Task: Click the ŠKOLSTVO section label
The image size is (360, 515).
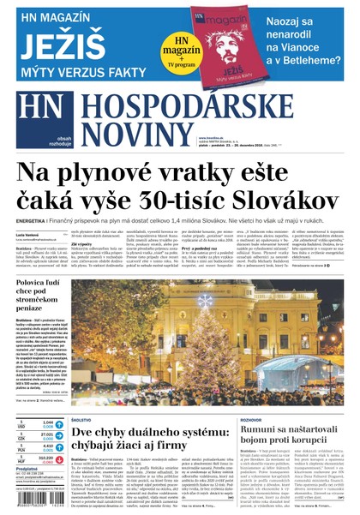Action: point(82,420)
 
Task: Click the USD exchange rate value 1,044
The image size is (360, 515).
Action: point(47,423)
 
